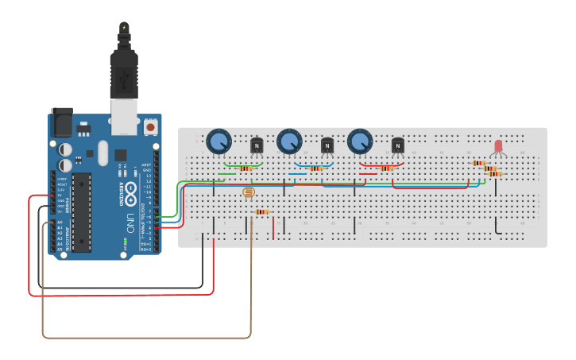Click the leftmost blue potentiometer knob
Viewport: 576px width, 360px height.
pos(218,142)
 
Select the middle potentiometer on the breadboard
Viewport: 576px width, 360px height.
pos(289,142)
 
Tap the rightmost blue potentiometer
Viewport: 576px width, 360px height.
pos(359,141)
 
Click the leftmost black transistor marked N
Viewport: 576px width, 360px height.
pos(257,145)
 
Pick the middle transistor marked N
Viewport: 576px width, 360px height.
pos(327,145)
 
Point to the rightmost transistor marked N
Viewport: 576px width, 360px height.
pos(398,145)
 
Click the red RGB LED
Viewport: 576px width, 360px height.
pos(499,146)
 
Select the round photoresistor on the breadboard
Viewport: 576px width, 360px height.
pos(249,192)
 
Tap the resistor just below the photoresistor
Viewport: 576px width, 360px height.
pos(261,211)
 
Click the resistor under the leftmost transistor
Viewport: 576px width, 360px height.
pos(245,168)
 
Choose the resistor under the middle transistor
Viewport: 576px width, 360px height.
pos(316,168)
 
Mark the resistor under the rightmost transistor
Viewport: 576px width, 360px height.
pos(387,168)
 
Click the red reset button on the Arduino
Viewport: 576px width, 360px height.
pos(151,126)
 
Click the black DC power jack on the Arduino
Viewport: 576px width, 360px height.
pos(61,123)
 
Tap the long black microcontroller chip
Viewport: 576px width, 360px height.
pos(82,211)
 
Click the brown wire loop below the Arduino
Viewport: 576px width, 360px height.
pos(147,338)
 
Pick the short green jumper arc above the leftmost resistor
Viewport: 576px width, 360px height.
pos(242,165)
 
